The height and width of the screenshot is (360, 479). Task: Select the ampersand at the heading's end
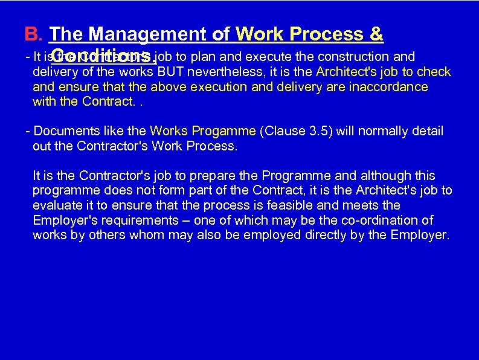coord(375,34)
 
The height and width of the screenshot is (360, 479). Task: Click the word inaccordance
coord(388,87)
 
